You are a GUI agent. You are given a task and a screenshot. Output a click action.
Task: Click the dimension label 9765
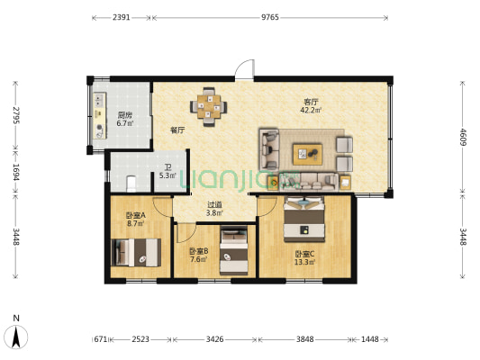point(269,17)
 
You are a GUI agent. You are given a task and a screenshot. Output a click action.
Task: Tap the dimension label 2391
point(122,17)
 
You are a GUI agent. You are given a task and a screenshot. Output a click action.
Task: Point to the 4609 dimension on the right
point(463,138)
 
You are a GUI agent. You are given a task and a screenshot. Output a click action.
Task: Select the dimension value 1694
point(15,172)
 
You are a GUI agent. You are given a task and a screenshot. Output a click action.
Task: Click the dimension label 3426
point(214,339)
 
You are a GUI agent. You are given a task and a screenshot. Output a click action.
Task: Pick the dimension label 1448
point(370,339)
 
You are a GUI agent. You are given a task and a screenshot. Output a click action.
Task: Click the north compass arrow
point(16,337)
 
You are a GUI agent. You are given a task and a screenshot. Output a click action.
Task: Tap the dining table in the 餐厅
point(208,107)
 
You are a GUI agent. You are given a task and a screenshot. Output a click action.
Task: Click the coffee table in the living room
point(307,155)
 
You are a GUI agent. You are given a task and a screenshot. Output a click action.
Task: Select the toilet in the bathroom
point(131,184)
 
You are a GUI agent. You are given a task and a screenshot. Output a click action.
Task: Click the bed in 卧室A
point(136,253)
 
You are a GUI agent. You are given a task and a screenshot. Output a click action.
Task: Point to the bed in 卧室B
point(234,250)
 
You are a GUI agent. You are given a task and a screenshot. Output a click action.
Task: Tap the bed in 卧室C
point(304,219)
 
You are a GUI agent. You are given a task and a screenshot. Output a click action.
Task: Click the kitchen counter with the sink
point(99,115)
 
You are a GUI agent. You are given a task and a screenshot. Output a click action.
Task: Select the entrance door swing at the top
point(244,69)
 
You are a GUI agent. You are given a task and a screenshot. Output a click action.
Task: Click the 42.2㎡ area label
point(311,110)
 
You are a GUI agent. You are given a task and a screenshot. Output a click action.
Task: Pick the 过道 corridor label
point(214,204)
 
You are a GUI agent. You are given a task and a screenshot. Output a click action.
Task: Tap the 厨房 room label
point(125,115)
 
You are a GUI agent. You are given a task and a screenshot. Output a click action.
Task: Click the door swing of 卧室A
point(162,207)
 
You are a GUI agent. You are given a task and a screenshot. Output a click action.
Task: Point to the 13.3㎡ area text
point(304,262)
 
